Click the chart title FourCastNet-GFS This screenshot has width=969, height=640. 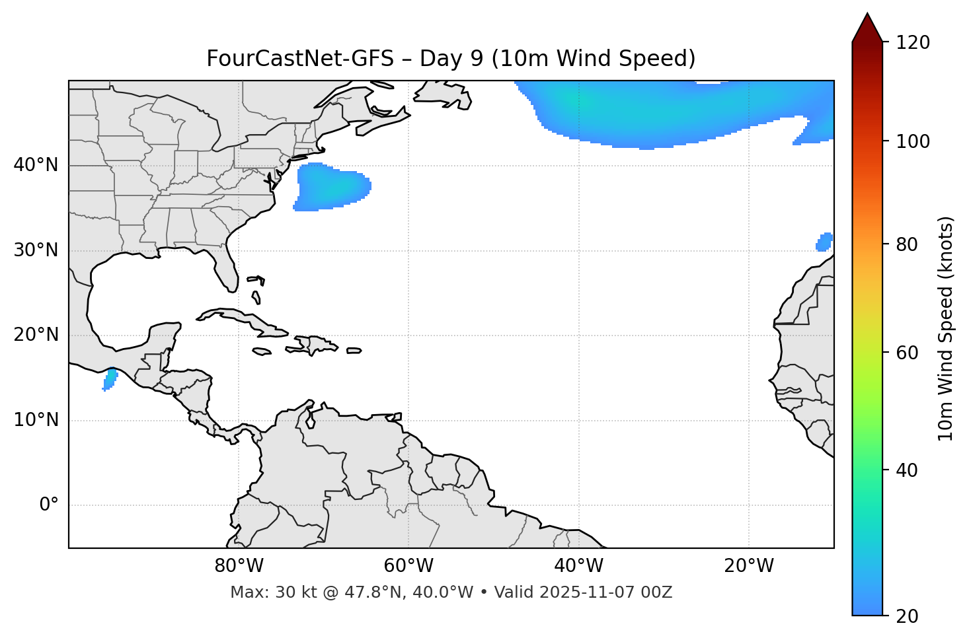[451, 59]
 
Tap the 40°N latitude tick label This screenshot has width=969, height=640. [36, 165]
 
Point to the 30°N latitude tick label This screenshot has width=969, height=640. [36, 250]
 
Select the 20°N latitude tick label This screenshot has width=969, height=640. [36, 335]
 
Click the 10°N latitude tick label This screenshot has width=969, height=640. [36, 420]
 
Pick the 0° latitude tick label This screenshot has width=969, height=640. [49, 505]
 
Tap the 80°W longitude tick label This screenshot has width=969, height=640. [239, 566]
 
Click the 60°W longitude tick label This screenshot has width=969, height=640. [408, 566]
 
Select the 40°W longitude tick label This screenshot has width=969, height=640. [578, 566]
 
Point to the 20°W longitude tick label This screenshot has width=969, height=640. [749, 566]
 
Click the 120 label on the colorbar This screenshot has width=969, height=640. [914, 43]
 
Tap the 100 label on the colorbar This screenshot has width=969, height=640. [914, 141]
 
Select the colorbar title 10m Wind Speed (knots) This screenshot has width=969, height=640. [946, 328]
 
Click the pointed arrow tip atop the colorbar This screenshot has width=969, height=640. [867, 16]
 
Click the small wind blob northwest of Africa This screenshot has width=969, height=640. [824, 242]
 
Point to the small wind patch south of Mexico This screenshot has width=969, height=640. [110, 380]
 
